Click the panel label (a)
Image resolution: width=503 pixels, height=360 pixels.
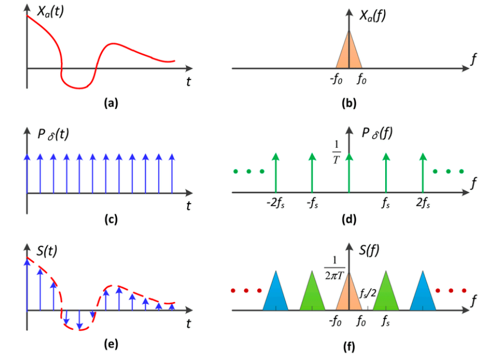point(111,104)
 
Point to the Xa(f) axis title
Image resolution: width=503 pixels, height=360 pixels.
point(374,16)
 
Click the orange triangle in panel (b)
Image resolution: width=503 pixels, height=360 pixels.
point(349,53)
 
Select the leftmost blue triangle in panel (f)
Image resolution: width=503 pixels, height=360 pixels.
point(275,292)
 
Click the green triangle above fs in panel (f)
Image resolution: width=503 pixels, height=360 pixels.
point(387,292)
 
